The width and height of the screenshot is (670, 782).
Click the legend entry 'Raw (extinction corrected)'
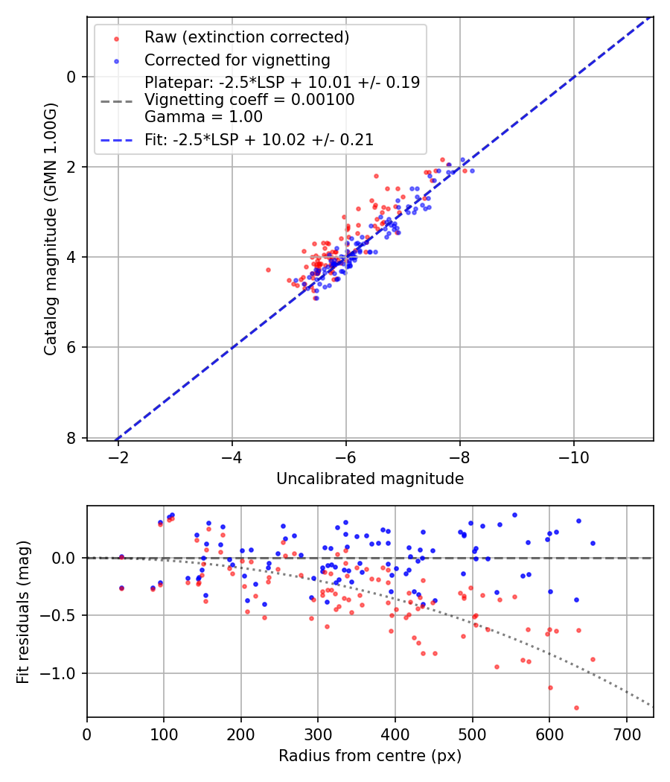click(246, 37)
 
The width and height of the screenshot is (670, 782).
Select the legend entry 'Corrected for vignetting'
click(237, 60)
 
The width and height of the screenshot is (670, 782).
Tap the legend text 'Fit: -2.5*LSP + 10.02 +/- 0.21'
click(258, 139)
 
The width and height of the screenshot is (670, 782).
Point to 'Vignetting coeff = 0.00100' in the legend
click(249, 100)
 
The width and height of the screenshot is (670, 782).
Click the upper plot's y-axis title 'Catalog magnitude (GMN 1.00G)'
click(50, 229)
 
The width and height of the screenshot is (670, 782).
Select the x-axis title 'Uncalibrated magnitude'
click(370, 479)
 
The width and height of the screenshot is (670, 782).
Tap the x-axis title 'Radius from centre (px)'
click(370, 756)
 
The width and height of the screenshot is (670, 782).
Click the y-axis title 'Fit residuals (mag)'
click(22, 612)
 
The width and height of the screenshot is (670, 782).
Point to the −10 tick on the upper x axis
click(573, 454)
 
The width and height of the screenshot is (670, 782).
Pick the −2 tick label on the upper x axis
click(118, 454)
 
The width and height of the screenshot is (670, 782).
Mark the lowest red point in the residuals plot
click(576, 708)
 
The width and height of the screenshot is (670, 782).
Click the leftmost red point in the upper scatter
click(268, 270)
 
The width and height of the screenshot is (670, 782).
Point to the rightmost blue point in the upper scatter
click(472, 171)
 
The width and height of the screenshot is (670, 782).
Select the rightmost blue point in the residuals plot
click(593, 543)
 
